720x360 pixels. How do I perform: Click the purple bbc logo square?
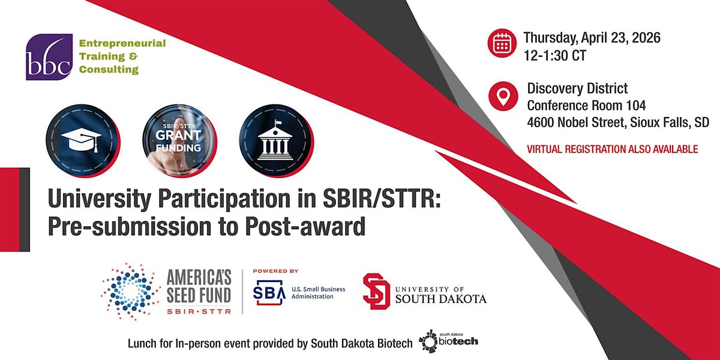[49, 57]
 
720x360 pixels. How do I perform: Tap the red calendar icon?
[502, 43]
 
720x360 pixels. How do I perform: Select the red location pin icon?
[503, 96]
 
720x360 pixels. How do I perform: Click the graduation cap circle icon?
[83, 141]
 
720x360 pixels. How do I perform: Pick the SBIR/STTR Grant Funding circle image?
[179, 141]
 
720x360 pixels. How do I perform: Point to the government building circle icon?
[276, 141]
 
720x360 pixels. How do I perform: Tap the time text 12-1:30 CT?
[555, 55]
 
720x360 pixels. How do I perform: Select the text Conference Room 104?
[586, 105]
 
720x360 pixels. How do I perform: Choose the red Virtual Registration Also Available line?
[613, 149]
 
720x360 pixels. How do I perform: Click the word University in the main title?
[100, 199]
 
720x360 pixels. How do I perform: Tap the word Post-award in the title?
[305, 227]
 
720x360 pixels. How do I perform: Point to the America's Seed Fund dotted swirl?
[131, 292]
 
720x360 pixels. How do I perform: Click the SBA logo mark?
[269, 292]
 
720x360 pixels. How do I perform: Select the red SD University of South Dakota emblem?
[376, 291]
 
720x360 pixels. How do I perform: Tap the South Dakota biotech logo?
[448, 341]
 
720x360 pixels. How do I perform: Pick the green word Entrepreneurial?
[122, 43]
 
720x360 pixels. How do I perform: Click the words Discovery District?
[577, 88]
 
